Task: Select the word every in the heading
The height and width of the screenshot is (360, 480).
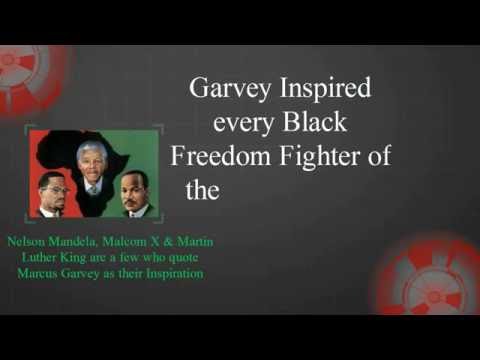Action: [245, 123]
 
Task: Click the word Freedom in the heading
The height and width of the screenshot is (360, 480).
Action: [216, 157]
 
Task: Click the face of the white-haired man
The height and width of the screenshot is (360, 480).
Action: [92, 160]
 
